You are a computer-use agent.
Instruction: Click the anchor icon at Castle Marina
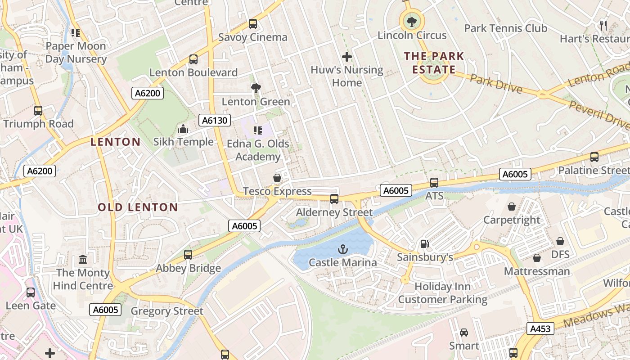click(x=343, y=249)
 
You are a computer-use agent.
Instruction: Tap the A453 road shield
click(x=540, y=329)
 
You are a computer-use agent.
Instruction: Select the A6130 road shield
click(x=215, y=120)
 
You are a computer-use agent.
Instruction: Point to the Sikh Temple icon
click(x=183, y=129)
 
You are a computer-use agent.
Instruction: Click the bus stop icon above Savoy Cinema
click(x=253, y=24)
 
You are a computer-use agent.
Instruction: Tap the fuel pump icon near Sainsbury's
click(x=424, y=244)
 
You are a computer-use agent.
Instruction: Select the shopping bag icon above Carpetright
click(x=512, y=207)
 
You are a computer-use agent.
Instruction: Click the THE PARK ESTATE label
click(x=434, y=63)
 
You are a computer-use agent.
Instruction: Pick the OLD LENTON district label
click(x=138, y=207)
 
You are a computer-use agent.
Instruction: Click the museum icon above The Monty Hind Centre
click(x=83, y=260)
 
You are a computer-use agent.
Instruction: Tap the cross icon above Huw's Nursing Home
click(x=346, y=57)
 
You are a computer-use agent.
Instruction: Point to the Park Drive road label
click(x=496, y=84)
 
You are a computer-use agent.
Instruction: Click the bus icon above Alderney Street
click(x=334, y=199)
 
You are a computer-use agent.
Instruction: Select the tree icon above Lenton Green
click(x=256, y=88)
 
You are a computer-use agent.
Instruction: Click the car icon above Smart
click(x=464, y=333)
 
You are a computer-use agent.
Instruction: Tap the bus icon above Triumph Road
click(x=38, y=111)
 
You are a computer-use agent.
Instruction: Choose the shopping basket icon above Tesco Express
click(x=277, y=178)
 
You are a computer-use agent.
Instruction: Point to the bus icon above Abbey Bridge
click(x=188, y=255)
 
